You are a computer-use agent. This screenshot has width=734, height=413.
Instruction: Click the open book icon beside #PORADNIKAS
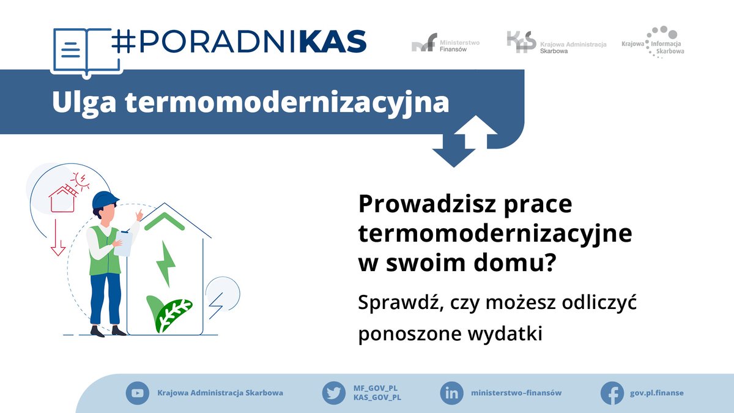(86, 53)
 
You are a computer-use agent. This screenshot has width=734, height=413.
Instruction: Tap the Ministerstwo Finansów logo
(445, 43)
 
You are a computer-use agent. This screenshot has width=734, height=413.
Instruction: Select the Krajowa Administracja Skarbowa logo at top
(557, 43)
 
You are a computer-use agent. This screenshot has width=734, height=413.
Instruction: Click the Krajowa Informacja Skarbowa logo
(653, 42)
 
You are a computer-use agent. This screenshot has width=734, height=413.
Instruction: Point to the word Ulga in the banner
(84, 103)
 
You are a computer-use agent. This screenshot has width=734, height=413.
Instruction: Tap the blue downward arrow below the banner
(454, 151)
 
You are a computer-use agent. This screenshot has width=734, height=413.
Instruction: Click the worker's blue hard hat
(105, 199)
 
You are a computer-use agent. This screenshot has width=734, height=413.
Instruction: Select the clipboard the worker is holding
(123, 244)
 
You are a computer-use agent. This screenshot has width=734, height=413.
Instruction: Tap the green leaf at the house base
(168, 314)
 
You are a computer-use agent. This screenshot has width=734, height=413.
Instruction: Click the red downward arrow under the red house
(57, 237)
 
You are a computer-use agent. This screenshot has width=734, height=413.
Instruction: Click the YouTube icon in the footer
(137, 393)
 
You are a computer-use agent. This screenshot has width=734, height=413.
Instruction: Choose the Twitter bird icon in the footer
(334, 393)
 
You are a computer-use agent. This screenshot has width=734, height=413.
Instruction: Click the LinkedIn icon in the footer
(451, 393)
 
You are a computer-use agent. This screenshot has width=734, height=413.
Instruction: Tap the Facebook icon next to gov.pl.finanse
(612, 393)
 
